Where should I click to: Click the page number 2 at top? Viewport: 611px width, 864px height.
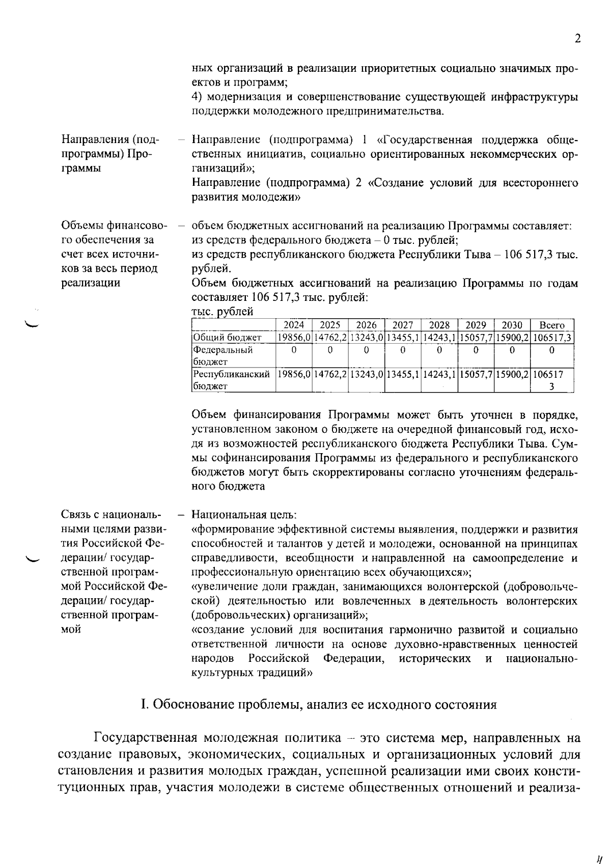[577, 39]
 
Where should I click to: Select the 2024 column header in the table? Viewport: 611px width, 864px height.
[294, 325]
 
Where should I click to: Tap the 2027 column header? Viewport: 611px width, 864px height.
[403, 325]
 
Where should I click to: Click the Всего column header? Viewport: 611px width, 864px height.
[552, 325]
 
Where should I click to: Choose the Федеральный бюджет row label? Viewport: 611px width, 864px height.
[223, 355]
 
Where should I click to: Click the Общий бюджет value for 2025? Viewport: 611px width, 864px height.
[330, 338]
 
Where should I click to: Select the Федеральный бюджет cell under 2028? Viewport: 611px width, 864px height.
[439, 350]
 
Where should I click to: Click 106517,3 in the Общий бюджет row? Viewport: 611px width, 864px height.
[552, 338]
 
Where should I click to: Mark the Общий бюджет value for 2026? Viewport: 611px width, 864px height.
[367, 338]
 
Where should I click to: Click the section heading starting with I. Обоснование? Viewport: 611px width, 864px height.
[318, 705]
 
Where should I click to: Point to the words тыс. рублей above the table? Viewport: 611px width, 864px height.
[222, 312]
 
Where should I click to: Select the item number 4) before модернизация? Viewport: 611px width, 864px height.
[198, 97]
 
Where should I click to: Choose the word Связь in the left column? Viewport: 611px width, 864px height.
[76, 515]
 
